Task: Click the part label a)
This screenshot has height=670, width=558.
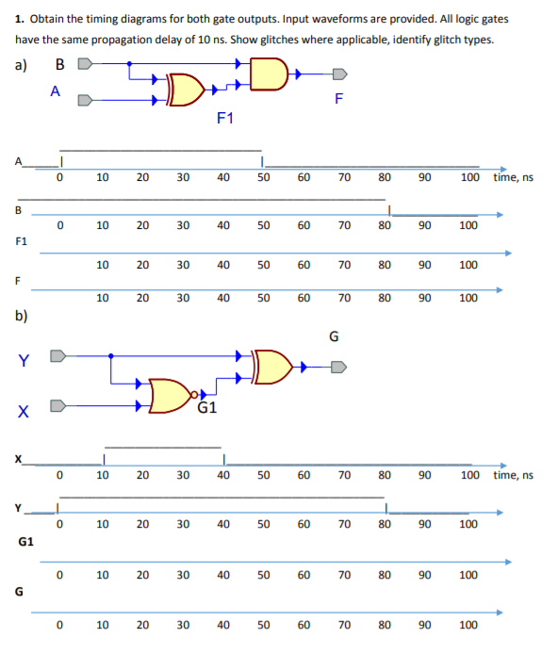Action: (x=24, y=66)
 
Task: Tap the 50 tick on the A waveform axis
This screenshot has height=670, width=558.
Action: (x=264, y=177)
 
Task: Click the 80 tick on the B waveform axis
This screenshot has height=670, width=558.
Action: (x=385, y=226)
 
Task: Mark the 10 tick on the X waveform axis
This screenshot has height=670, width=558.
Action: (x=103, y=475)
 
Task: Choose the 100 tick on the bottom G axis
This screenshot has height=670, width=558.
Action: (x=468, y=625)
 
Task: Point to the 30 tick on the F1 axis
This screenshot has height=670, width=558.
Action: (x=183, y=266)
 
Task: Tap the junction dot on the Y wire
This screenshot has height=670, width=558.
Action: (x=111, y=356)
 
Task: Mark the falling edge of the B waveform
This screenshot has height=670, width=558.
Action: (x=391, y=207)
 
